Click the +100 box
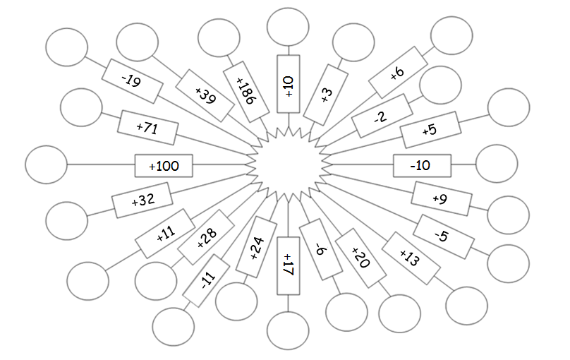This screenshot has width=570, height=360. pos(164,166)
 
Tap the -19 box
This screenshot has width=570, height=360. pos(132,81)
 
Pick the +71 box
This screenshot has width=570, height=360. pos(148,128)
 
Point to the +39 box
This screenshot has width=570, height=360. pos(204,95)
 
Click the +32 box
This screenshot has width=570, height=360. pos(142,200)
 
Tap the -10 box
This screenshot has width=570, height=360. pos(421,166)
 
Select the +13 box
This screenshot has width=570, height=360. pos(410,258)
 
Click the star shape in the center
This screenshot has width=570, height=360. pos(289,164)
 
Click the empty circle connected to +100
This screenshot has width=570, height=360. pos(46,164)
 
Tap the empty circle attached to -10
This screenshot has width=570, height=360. pos(497,164)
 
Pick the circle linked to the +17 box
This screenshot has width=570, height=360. pos(288,330)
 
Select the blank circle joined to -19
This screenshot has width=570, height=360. pos(66,47)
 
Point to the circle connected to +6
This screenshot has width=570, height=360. pos(451,35)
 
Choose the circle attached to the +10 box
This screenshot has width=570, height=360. pos(288,28)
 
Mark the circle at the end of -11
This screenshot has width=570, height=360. pos(173,326)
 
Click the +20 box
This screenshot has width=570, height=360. pos(359,258)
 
